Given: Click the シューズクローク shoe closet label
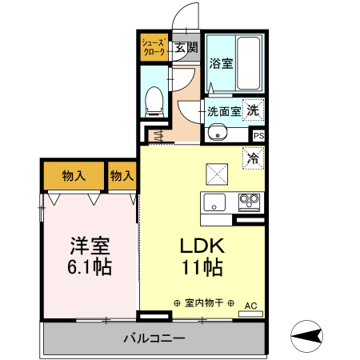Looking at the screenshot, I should (x=152, y=46).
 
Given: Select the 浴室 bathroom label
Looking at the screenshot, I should (x=221, y=63).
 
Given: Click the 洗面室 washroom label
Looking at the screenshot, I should (x=224, y=111).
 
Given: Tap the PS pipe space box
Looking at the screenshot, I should (x=258, y=135).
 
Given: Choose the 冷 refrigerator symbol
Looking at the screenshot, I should (x=254, y=158).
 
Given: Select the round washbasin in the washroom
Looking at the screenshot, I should (x=214, y=134).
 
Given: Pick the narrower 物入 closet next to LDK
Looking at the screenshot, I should (x=121, y=175).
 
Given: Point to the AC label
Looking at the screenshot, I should (x=250, y=305).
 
